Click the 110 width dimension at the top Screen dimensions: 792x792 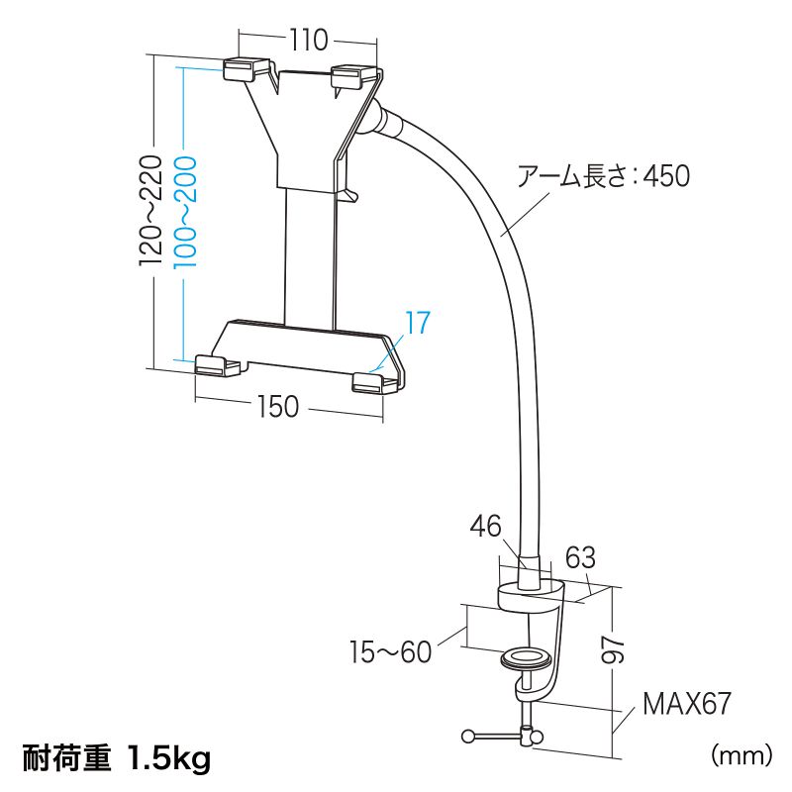pyautogui.click(x=308, y=40)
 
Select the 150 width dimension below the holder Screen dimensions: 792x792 pyautogui.click(x=278, y=406)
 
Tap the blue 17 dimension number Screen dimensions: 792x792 pyautogui.click(x=418, y=323)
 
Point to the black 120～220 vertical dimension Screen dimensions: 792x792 pyautogui.click(x=151, y=210)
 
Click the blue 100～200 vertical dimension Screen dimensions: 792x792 pyautogui.click(x=184, y=212)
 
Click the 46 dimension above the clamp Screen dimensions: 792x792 pyautogui.click(x=485, y=526)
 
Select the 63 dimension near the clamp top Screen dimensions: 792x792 pyautogui.click(x=580, y=557)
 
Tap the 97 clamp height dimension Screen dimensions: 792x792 pyautogui.click(x=613, y=649)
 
